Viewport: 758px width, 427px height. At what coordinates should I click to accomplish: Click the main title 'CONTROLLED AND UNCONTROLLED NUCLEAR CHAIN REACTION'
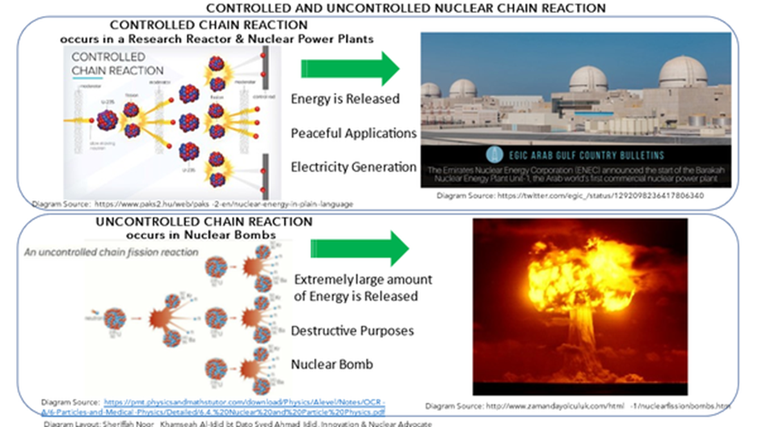click(379, 8)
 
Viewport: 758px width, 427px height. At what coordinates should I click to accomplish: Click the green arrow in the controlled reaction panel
click(349, 70)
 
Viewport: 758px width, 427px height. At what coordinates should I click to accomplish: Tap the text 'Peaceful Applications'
click(354, 133)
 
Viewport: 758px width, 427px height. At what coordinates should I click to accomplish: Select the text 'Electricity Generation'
click(354, 167)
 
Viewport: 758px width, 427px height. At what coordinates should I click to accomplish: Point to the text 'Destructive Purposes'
click(353, 331)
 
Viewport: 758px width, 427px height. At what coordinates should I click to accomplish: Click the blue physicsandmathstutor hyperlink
click(243, 405)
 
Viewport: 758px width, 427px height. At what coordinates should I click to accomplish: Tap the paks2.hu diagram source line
click(192, 204)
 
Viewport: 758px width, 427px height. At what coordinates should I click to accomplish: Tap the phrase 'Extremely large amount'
click(363, 280)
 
